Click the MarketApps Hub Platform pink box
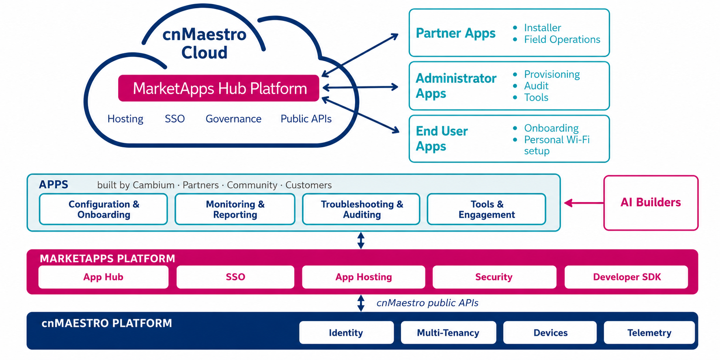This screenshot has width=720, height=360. pyautogui.click(x=219, y=88)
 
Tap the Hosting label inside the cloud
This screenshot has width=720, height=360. pyautogui.click(x=125, y=119)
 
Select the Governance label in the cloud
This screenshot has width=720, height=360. pyautogui.click(x=233, y=119)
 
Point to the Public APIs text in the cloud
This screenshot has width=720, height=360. pyautogui.click(x=306, y=119)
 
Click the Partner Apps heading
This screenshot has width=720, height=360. pyautogui.click(x=456, y=33)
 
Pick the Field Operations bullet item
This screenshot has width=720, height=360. pyautogui.click(x=562, y=39)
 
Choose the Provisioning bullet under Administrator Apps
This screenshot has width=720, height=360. pyautogui.click(x=552, y=74)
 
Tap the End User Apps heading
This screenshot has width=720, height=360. pyautogui.click(x=442, y=138)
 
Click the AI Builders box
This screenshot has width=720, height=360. pyautogui.click(x=651, y=203)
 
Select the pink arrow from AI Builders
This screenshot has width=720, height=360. pyautogui.click(x=584, y=203)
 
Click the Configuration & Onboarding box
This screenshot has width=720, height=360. pyautogui.click(x=103, y=209)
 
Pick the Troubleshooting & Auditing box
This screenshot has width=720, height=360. pyautogui.click(x=361, y=209)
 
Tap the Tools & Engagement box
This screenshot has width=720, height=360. pyautogui.click(x=487, y=209)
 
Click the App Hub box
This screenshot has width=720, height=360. pyautogui.click(x=103, y=277)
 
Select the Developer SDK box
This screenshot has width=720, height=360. pyautogui.click(x=626, y=277)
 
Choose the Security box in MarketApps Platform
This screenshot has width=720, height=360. pyautogui.click(x=494, y=277)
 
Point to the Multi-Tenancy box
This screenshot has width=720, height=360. pyautogui.click(x=448, y=333)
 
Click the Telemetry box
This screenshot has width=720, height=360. pyautogui.click(x=649, y=333)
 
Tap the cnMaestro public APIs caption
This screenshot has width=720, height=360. pyautogui.click(x=427, y=303)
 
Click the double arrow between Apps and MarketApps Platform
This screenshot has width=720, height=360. pyautogui.click(x=361, y=240)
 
